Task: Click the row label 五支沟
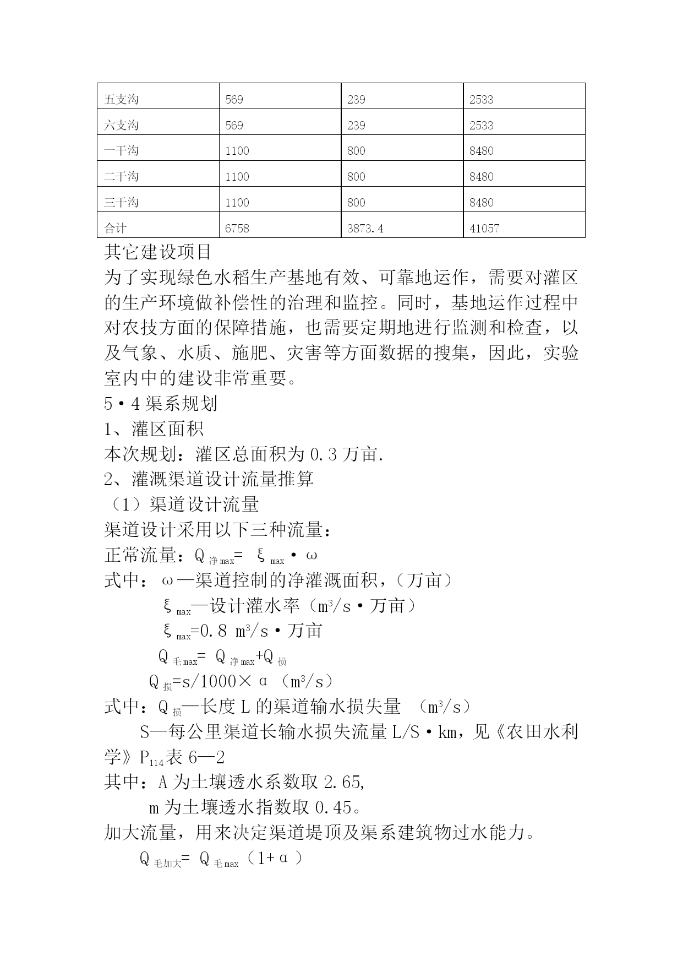pyautogui.click(x=121, y=100)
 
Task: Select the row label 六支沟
pyautogui.click(x=121, y=126)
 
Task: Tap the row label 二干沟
pyautogui.click(x=121, y=177)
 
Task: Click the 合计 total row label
pyautogui.click(x=115, y=228)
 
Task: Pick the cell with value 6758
pyautogui.click(x=237, y=228)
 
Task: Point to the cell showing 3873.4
pyautogui.click(x=365, y=228)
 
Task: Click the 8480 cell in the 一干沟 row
pyautogui.click(x=481, y=151)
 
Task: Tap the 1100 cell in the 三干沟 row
pyautogui.click(x=237, y=203)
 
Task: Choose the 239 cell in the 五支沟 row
pyautogui.click(x=356, y=100)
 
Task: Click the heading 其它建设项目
pyautogui.click(x=158, y=252)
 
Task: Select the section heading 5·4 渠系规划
pyautogui.click(x=161, y=404)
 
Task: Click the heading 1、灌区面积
pyautogui.click(x=154, y=429)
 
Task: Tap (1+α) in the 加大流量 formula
pyautogui.click(x=274, y=859)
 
